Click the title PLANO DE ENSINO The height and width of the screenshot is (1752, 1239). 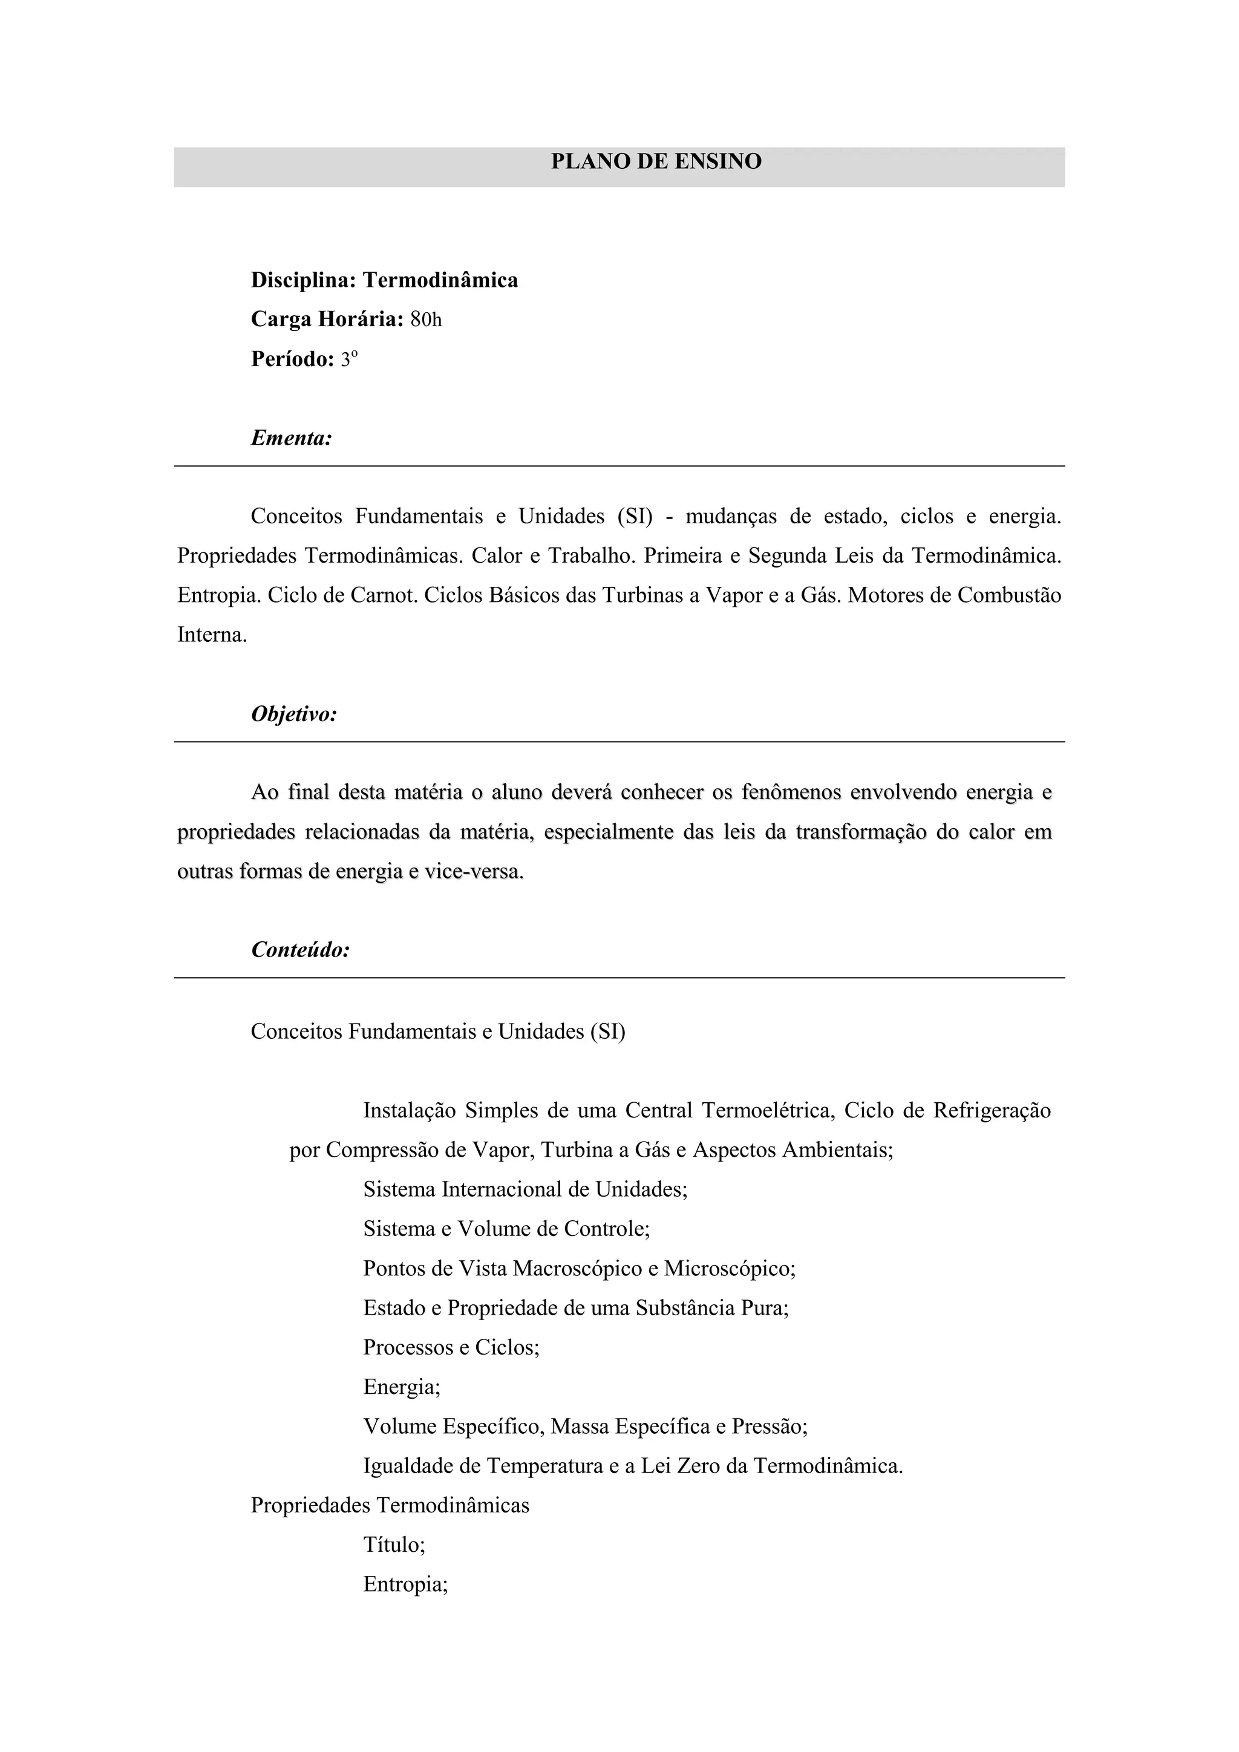click(x=656, y=162)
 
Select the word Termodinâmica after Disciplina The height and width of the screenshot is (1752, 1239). click(x=440, y=280)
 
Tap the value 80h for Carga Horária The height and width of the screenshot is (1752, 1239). click(x=426, y=319)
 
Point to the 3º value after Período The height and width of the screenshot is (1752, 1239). click(x=348, y=359)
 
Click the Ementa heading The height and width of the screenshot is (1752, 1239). click(x=292, y=438)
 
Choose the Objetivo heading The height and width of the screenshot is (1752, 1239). click(x=294, y=714)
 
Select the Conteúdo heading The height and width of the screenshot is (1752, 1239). click(x=300, y=949)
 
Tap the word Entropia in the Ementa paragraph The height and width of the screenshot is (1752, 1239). click(x=218, y=595)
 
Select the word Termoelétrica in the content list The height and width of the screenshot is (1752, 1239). click(x=766, y=1110)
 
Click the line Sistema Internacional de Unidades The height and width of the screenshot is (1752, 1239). click(x=525, y=1189)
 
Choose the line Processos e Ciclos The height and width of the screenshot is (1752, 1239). click(x=451, y=1347)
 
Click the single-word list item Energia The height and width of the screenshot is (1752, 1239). click(x=401, y=1387)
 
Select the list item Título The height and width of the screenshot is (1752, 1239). click(x=394, y=1544)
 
